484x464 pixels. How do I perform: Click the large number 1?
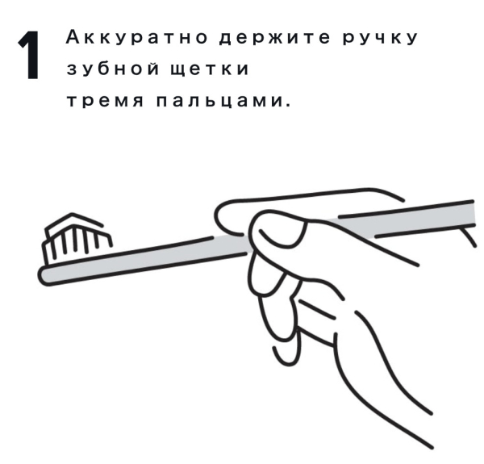coord(29,55)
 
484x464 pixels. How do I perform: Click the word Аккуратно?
coord(137,38)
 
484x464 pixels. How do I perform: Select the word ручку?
coord(380,38)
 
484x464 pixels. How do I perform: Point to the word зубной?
coord(113,69)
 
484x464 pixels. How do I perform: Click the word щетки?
coord(210,69)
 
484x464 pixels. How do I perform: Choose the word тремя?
coord(105,101)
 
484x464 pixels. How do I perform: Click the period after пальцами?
coord(288,105)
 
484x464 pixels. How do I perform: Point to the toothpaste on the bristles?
coord(74,223)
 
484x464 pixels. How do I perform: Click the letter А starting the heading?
coord(73,38)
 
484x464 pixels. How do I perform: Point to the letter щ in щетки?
coord(178,69)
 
